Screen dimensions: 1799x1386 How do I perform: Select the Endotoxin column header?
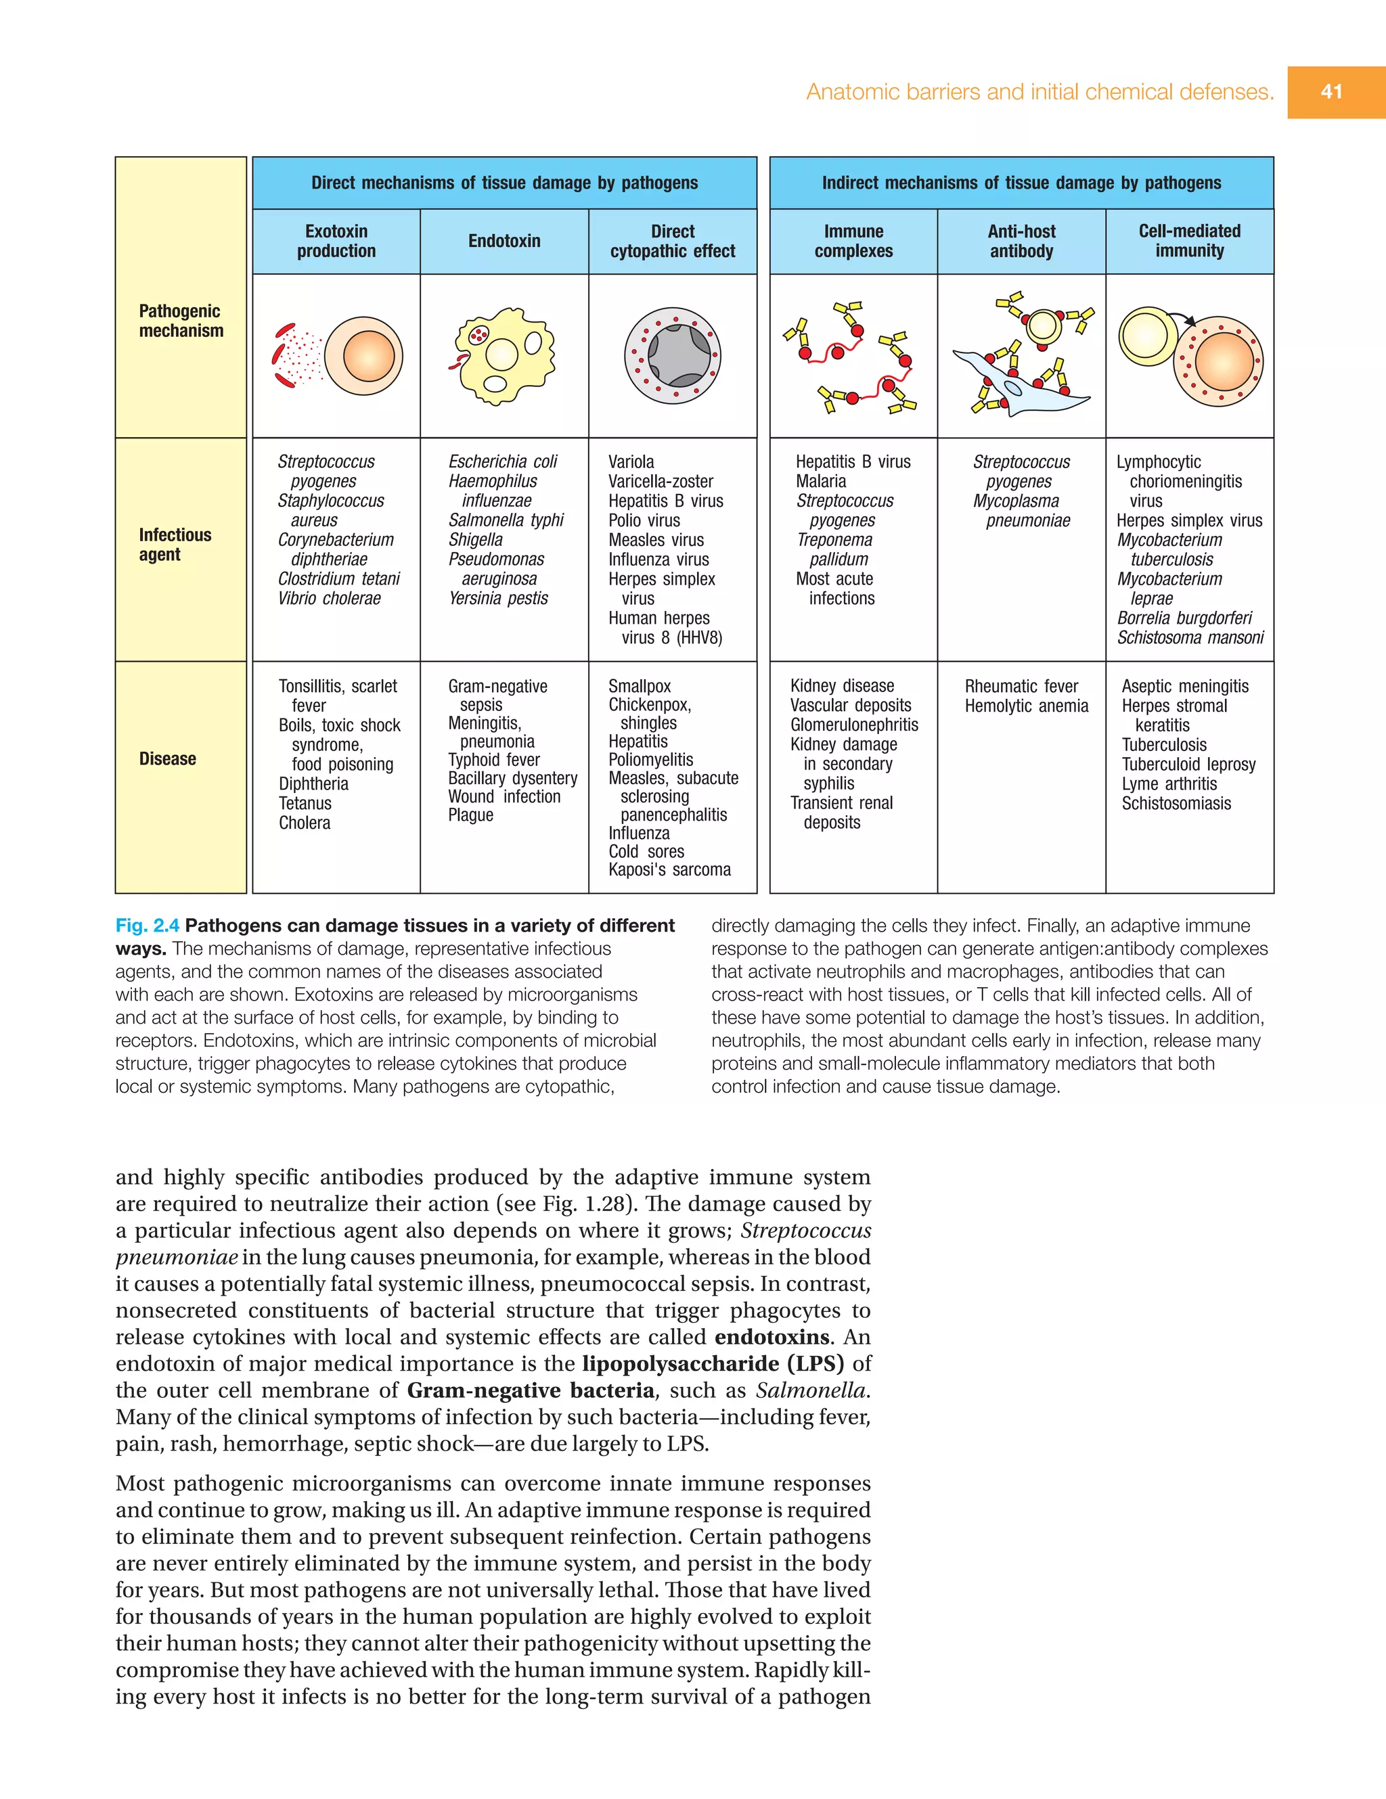[x=504, y=242]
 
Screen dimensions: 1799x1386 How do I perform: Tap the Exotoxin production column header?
[x=336, y=242]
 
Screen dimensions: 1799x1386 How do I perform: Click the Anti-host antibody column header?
[x=1021, y=242]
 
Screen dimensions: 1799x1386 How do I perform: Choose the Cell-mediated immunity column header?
[x=1189, y=242]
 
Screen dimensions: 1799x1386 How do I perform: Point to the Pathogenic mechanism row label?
[x=181, y=321]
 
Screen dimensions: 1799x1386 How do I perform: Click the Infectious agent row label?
[x=175, y=545]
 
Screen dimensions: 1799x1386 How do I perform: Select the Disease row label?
[x=167, y=758]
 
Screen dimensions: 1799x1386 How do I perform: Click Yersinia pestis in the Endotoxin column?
[x=497, y=599]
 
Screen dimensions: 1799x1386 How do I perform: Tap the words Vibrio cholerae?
[x=329, y=599]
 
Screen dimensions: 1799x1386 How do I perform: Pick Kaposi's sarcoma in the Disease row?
[x=669, y=870]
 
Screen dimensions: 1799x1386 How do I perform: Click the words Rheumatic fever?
[x=1021, y=686]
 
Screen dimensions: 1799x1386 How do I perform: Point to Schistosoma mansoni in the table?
[x=1190, y=637]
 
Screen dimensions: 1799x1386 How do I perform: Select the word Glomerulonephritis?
[x=853, y=725]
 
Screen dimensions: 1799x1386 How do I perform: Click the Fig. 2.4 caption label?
[x=148, y=926]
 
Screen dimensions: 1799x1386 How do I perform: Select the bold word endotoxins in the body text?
[x=772, y=1337]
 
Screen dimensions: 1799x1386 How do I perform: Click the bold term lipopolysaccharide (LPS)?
[x=713, y=1364]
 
